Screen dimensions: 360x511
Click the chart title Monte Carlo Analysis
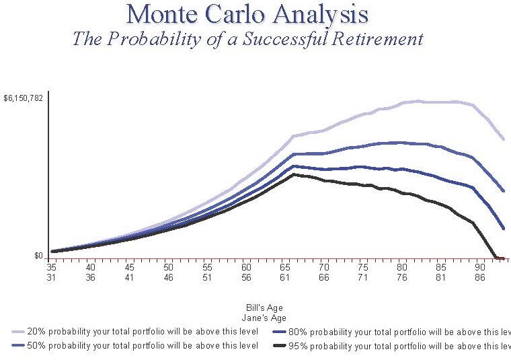click(x=247, y=13)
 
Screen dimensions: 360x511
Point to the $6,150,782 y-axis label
click(x=24, y=98)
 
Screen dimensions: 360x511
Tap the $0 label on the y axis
click(x=38, y=256)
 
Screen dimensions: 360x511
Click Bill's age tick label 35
click(x=52, y=267)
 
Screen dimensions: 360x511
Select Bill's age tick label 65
click(x=285, y=267)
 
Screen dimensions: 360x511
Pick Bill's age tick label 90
click(x=480, y=267)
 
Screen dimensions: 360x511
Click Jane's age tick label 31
click(x=52, y=277)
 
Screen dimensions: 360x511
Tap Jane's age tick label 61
click(x=285, y=277)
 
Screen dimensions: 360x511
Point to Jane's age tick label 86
click(x=480, y=277)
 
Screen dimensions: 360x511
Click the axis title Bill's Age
click(x=264, y=308)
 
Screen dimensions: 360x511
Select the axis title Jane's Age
click(x=264, y=318)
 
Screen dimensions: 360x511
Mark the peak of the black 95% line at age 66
click(x=293, y=174)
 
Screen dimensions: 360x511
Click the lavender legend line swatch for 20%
click(x=18, y=332)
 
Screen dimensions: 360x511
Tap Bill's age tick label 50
click(x=169, y=267)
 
